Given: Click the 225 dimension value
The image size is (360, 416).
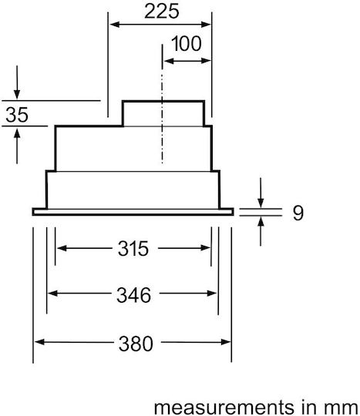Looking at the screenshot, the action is point(162,12).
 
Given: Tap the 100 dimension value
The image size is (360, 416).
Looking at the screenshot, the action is point(186,44).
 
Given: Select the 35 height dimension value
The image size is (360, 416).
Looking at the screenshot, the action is point(17,115).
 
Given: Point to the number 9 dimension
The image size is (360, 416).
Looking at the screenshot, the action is point(298,213).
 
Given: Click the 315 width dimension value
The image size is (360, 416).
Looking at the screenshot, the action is point(133,249).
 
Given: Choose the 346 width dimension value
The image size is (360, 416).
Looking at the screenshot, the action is point(133,295).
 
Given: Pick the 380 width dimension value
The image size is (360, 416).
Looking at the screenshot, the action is point(136,344).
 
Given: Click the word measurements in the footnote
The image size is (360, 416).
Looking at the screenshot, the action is point(224,407).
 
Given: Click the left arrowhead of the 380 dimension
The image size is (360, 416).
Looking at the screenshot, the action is point(39,342).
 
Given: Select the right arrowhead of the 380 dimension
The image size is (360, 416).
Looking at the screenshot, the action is point(226,342).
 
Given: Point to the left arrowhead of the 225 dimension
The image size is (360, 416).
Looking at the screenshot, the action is point(114,25).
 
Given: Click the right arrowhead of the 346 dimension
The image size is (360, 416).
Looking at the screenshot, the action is point(212,294).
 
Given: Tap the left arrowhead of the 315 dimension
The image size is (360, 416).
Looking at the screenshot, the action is point(62,248).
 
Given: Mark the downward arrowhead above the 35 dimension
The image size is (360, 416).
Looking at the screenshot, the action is point(17,94).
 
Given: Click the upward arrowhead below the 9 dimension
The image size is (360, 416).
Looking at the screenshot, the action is point(261,222).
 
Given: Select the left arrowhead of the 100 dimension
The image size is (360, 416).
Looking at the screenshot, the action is point(169,61).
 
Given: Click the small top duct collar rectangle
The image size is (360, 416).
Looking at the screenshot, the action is point(163,113).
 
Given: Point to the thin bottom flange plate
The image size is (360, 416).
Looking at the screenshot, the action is point(133,212).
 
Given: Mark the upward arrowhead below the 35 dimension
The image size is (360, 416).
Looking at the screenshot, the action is point(17,133).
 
